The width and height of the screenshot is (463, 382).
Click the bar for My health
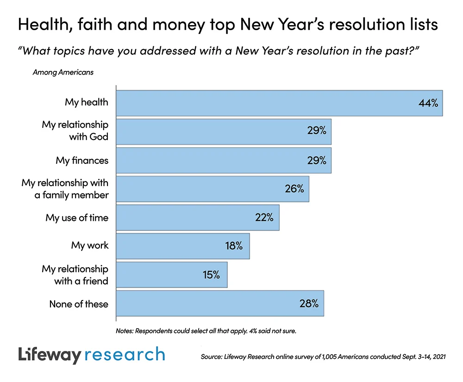(278, 103)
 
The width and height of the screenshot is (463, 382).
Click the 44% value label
(428, 103)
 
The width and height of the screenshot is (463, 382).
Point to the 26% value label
(294, 189)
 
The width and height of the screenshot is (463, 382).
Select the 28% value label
(309, 304)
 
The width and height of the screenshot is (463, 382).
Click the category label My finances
(82, 161)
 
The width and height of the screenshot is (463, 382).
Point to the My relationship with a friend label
(75, 275)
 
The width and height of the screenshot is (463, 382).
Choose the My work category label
(90, 245)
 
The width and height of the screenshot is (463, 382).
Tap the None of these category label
(79, 304)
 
